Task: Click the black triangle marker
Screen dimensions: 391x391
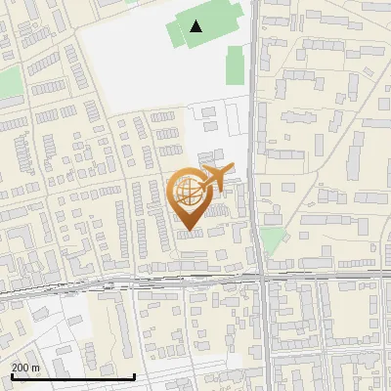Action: pyautogui.click(x=197, y=26)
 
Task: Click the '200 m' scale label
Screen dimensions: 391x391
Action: pyautogui.click(x=25, y=367)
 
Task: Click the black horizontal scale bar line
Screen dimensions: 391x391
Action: pyautogui.click(x=72, y=376)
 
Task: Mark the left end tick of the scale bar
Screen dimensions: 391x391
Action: pyautogui.click(x=12, y=375)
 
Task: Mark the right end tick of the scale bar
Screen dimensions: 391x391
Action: pyautogui.click(x=133, y=375)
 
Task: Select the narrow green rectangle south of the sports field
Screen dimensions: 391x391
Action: pyautogui.click(x=236, y=66)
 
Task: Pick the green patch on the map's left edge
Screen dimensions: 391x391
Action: pyautogui.click(x=9, y=82)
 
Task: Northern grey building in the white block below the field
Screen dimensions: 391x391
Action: pyautogui.click(x=208, y=111)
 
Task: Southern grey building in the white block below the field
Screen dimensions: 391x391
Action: pyautogui.click(x=208, y=125)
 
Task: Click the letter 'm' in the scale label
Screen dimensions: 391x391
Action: pyautogui.click(x=36, y=367)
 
